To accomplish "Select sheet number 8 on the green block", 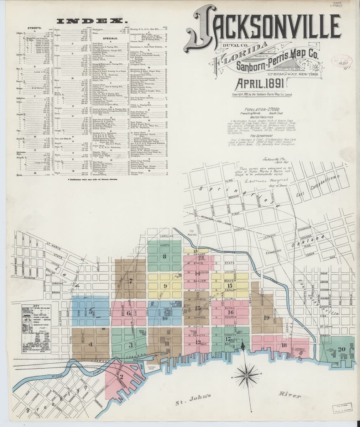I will pos(164,256).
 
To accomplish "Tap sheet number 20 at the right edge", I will pos(342,349).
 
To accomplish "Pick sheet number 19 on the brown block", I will pos(267,317).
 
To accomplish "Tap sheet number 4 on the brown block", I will pos(90,344).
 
